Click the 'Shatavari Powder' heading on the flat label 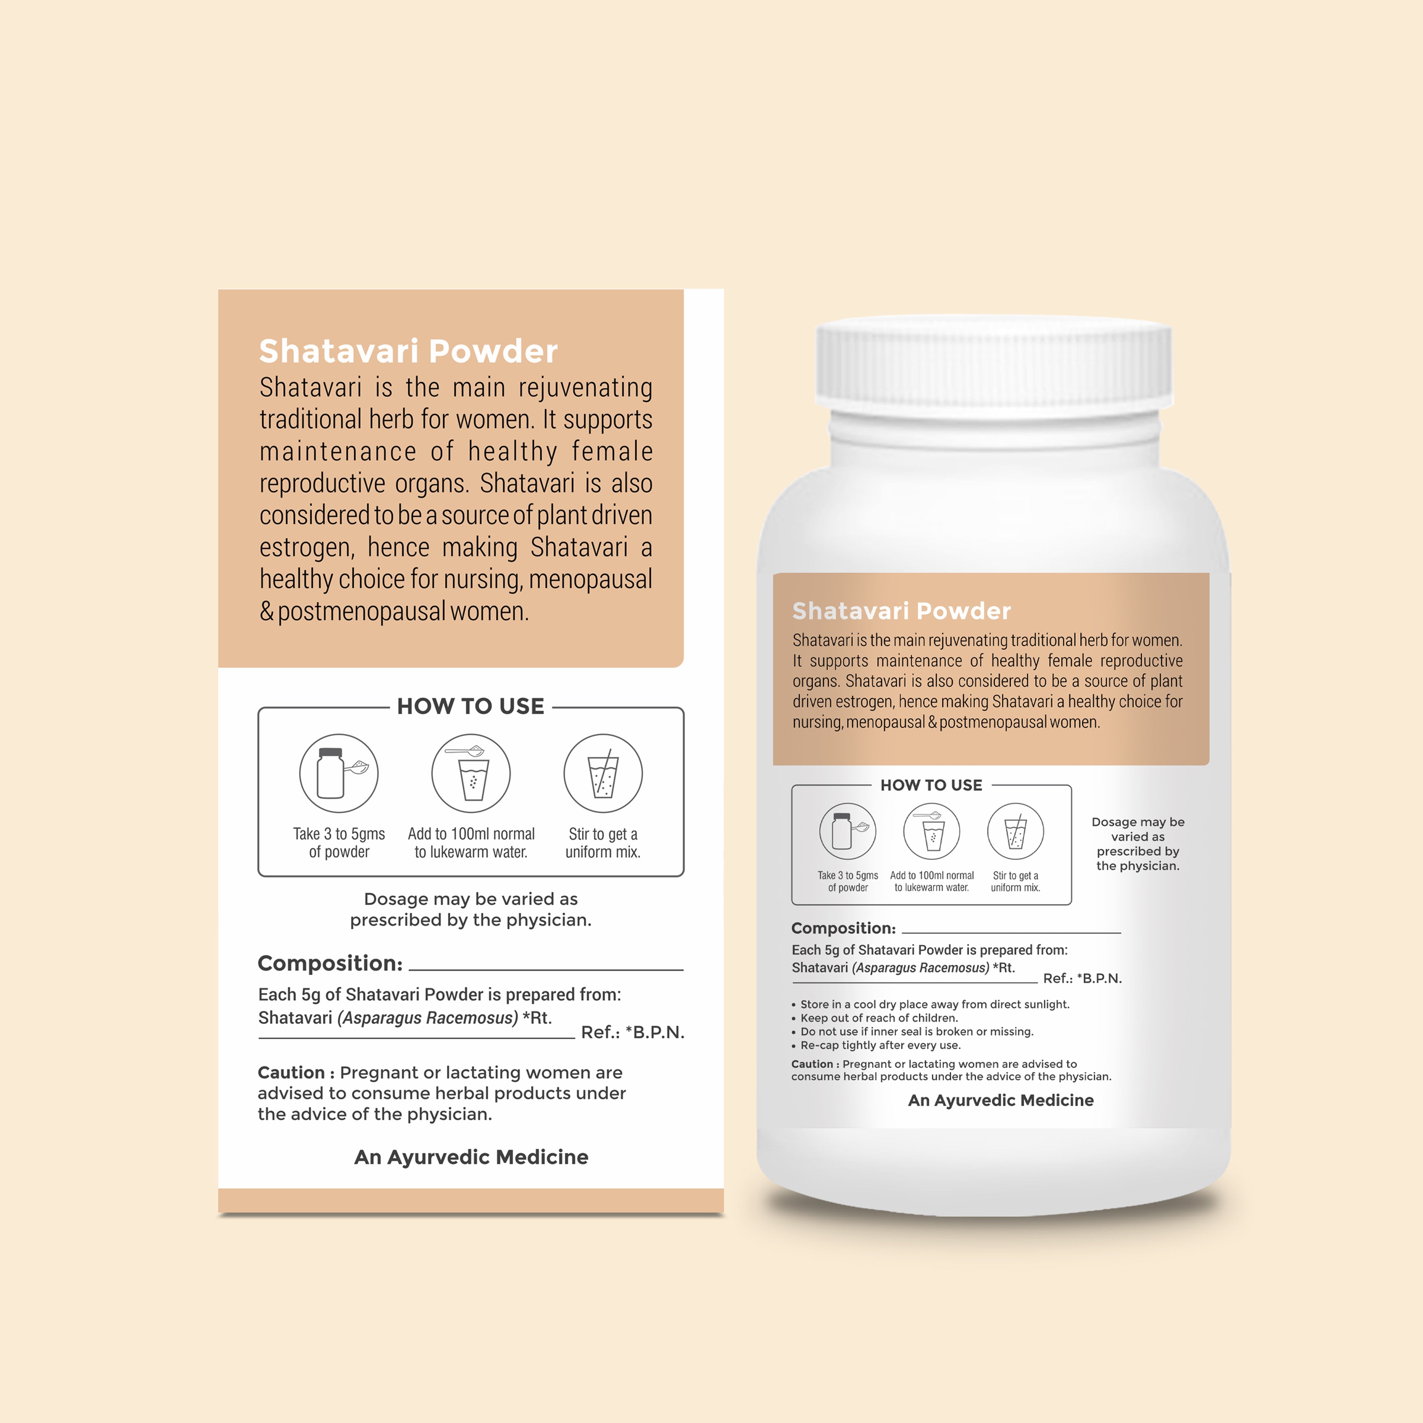pyautogui.click(x=408, y=351)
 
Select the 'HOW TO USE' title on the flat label pyautogui.click(x=471, y=706)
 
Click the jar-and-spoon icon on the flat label pyautogui.click(x=339, y=774)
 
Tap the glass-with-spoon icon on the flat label pyautogui.click(x=471, y=774)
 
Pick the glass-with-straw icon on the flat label pyautogui.click(x=603, y=774)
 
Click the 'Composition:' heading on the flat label pyautogui.click(x=330, y=963)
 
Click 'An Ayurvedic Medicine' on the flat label pyautogui.click(x=472, y=1157)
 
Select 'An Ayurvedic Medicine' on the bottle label pyautogui.click(x=1001, y=1100)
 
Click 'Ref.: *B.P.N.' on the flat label pyautogui.click(x=633, y=1032)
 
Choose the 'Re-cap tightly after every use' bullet pyautogui.click(x=876, y=1045)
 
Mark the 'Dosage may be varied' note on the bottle pyautogui.click(x=1138, y=844)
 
